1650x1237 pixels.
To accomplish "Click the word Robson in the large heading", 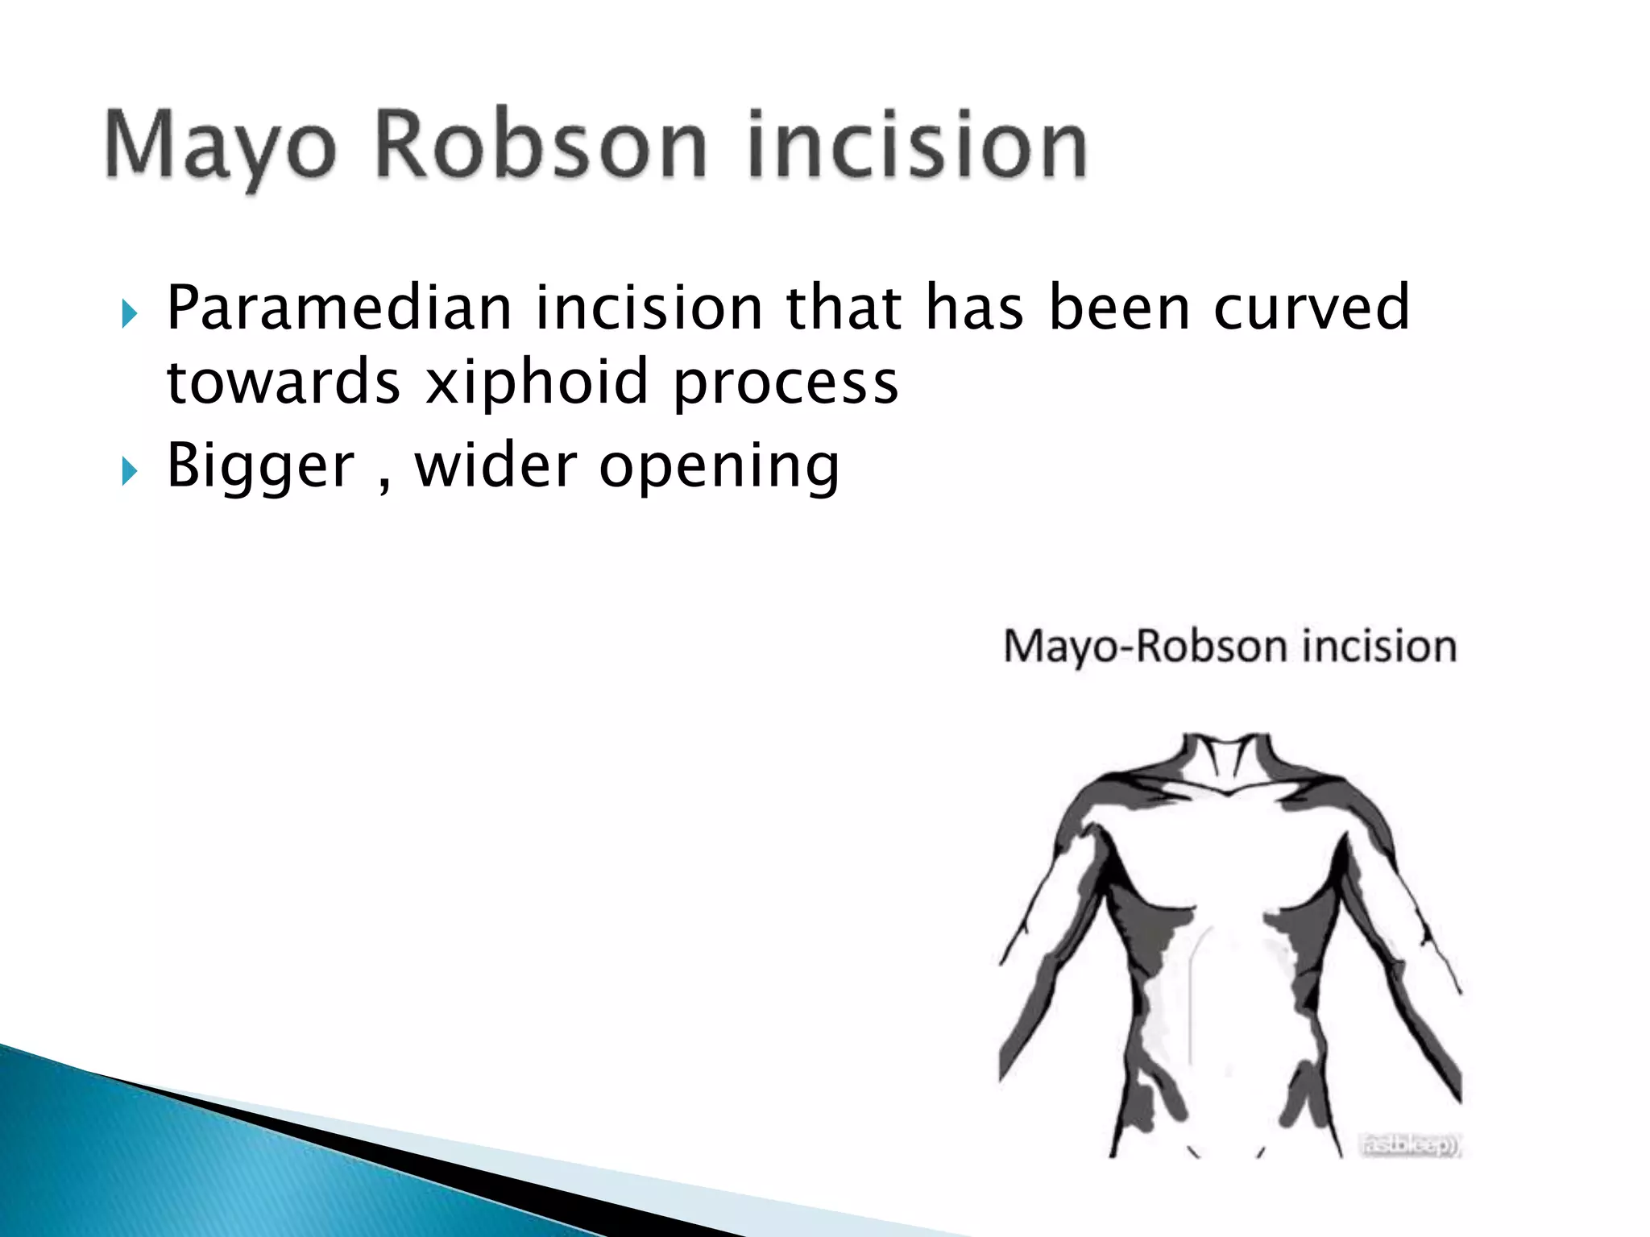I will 541,145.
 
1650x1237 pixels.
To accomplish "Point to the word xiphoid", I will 537,382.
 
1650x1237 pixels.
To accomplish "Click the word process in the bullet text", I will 786,383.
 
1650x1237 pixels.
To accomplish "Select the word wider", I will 496,465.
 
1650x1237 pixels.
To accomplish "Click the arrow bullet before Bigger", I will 129,472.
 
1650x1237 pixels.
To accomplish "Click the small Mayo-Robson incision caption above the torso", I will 1229,647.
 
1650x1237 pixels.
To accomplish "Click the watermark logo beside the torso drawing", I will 1410,1144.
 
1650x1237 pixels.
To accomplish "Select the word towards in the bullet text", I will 283,382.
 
